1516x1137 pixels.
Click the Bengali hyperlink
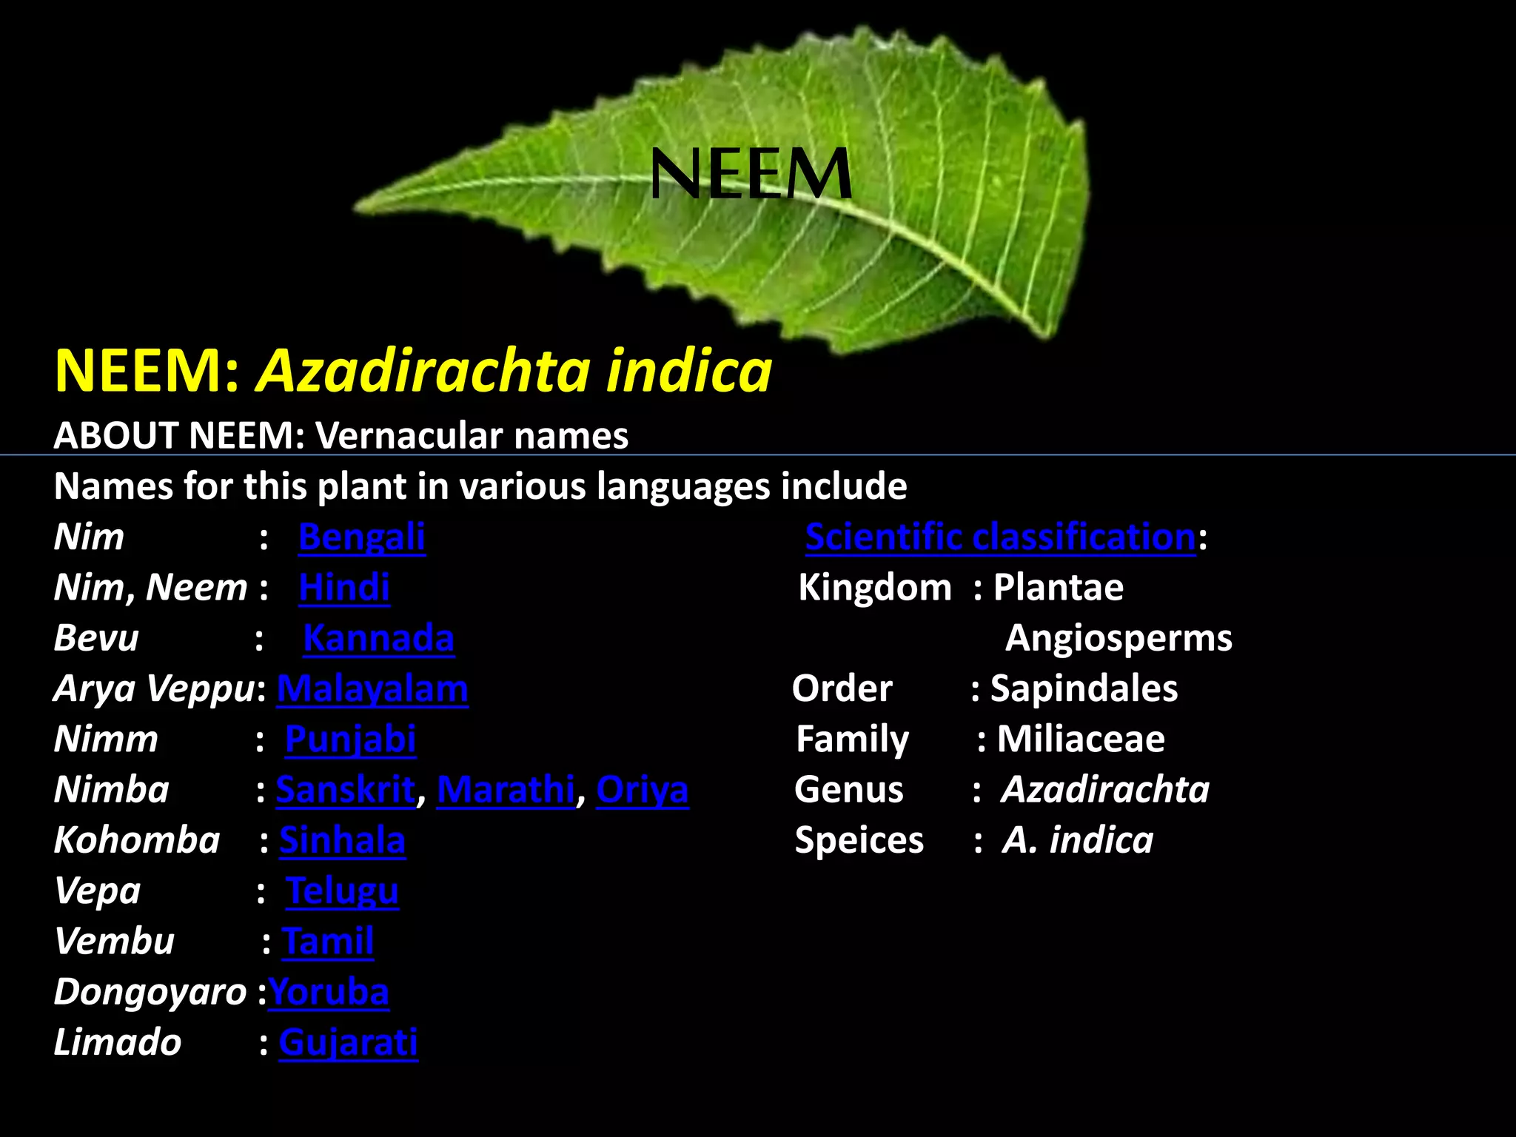(x=361, y=537)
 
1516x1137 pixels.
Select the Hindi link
(x=344, y=588)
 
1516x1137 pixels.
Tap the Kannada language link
(x=378, y=638)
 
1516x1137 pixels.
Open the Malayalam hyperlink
(x=372, y=688)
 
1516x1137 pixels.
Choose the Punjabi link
(x=350, y=739)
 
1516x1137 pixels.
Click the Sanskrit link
(x=346, y=789)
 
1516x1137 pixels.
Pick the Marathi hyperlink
(x=506, y=789)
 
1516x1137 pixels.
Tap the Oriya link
(x=642, y=789)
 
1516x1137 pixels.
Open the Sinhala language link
(x=342, y=840)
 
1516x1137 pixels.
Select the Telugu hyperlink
(x=342, y=891)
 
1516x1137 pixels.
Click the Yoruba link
(x=329, y=992)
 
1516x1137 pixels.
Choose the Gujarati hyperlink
(x=348, y=1042)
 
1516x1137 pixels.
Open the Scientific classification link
(x=1000, y=537)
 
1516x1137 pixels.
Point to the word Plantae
(x=1058, y=588)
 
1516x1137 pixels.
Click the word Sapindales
(x=1084, y=688)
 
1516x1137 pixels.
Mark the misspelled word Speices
(x=859, y=840)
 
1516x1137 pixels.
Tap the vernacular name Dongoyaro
(x=150, y=992)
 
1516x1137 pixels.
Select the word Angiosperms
(x=1118, y=638)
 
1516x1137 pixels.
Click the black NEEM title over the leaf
(x=751, y=174)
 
